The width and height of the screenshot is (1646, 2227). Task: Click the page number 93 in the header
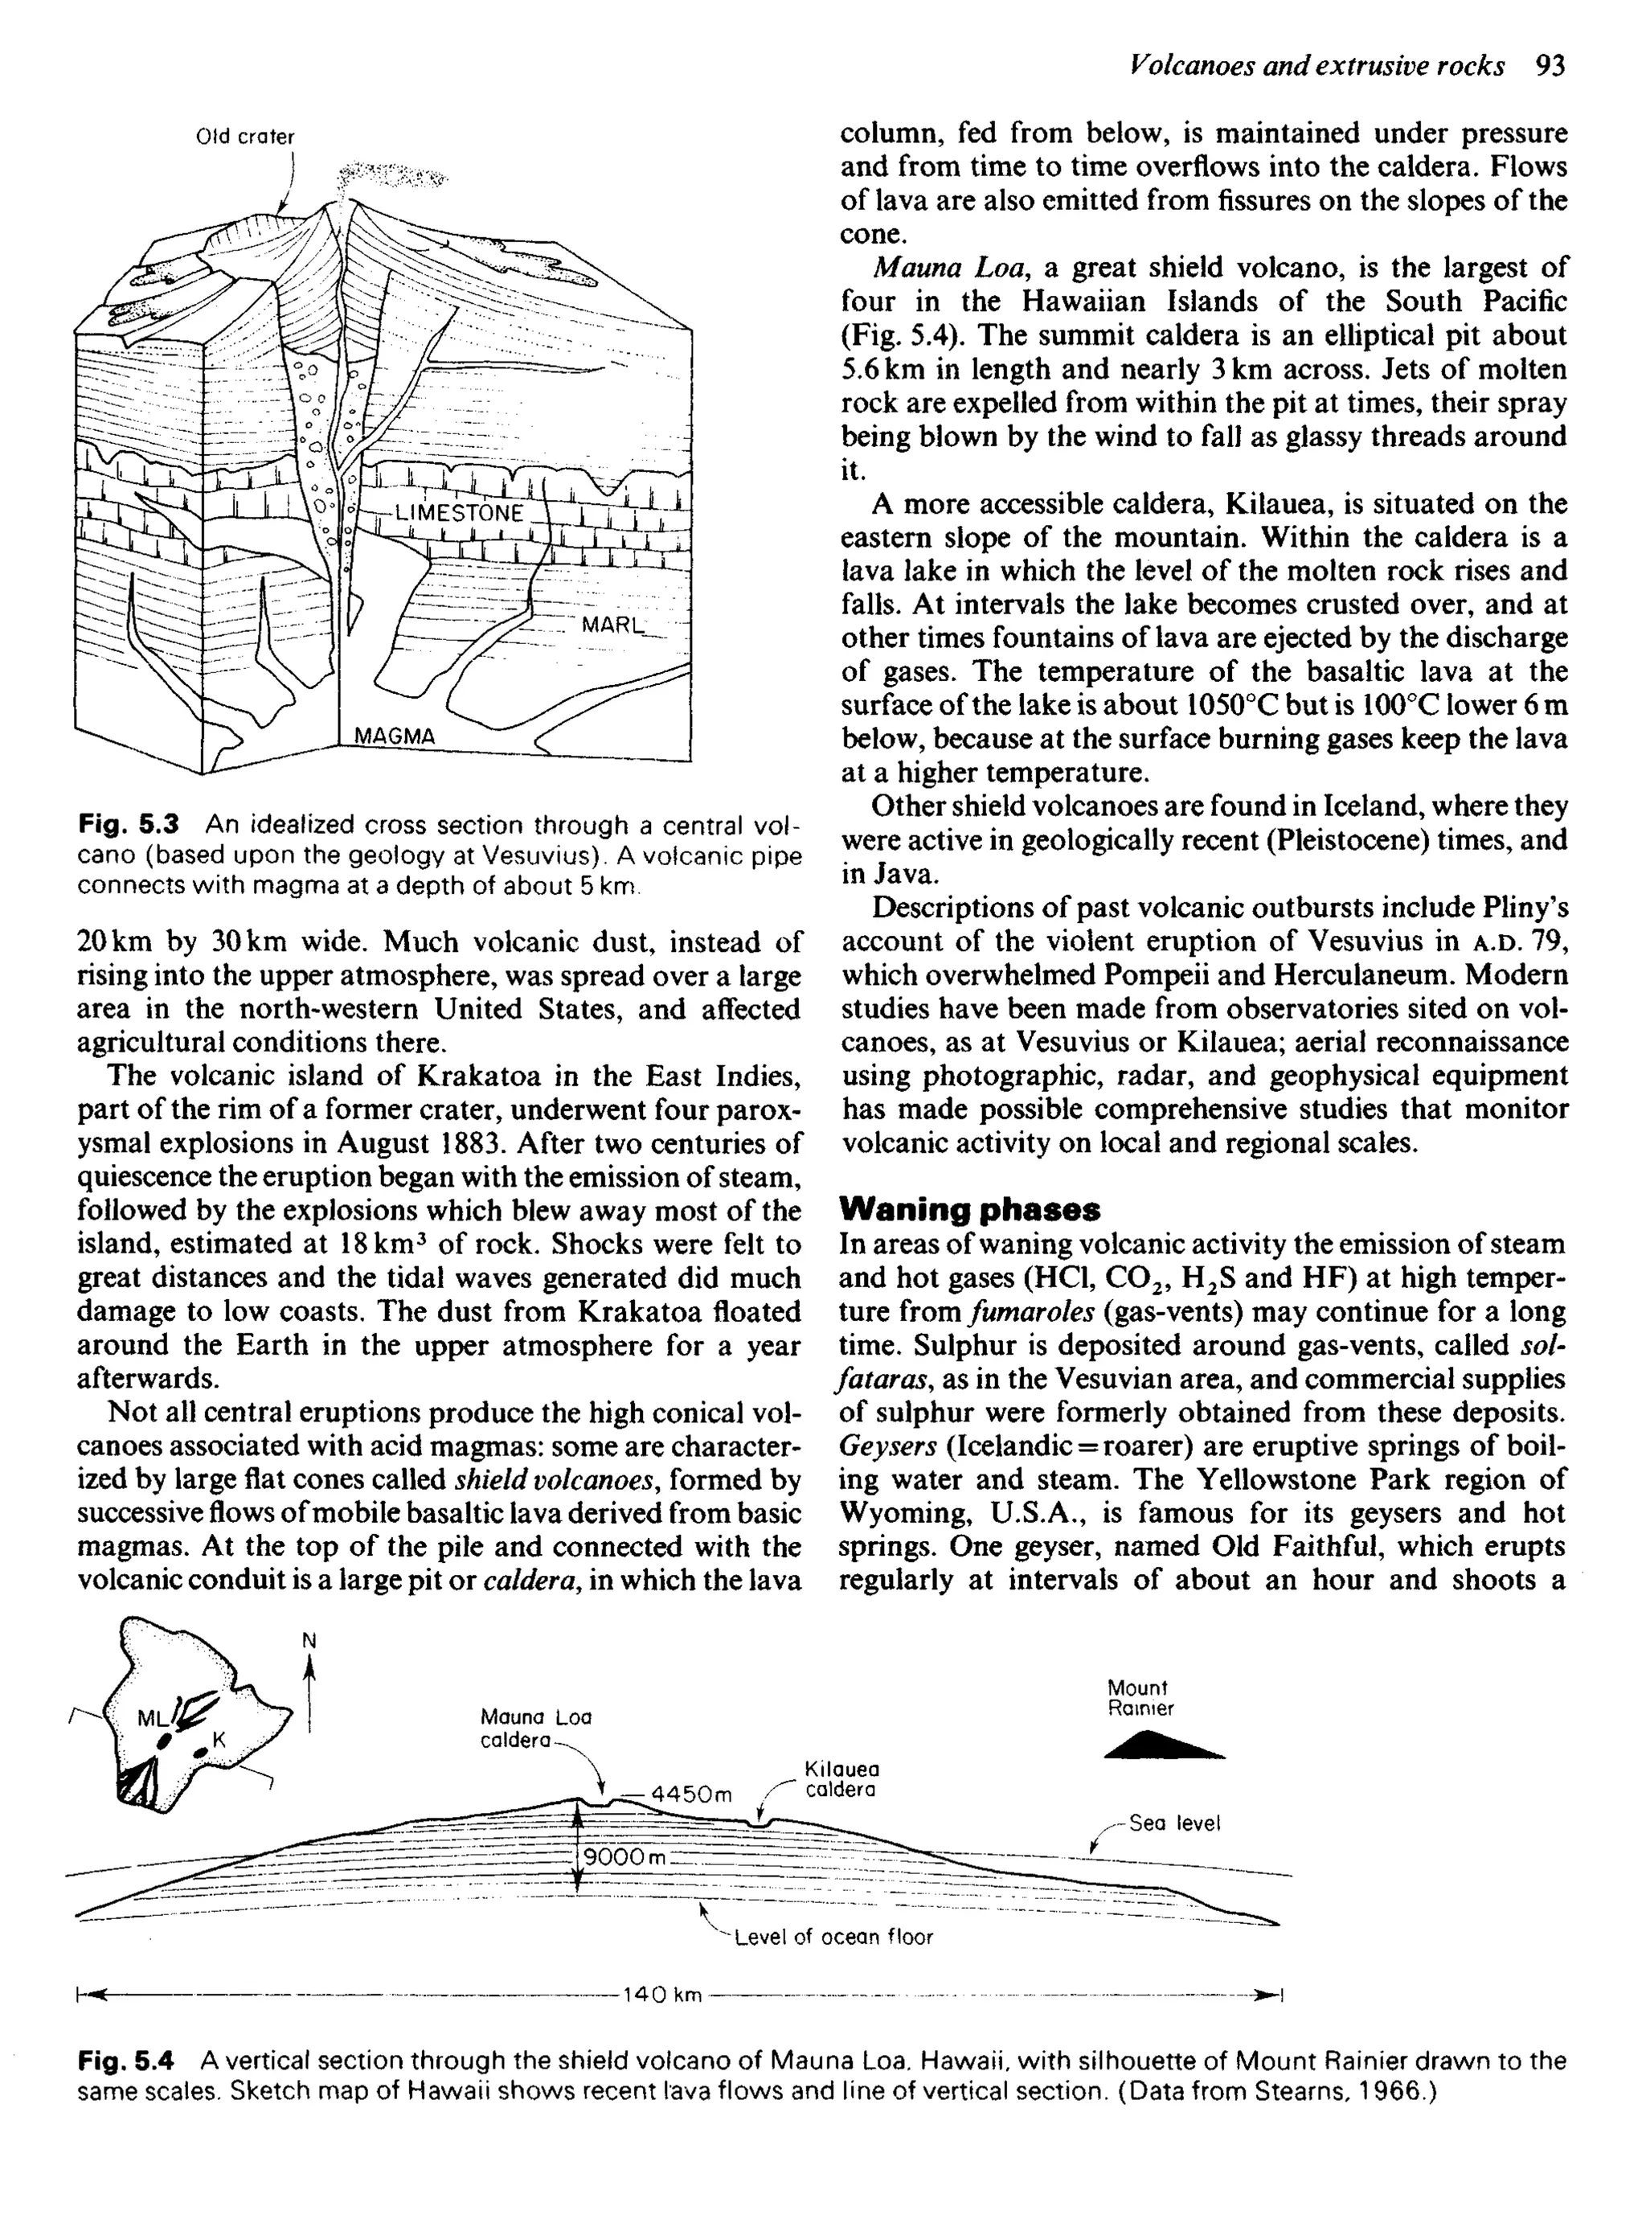click(x=1551, y=66)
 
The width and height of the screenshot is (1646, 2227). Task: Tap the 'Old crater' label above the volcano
click(x=245, y=137)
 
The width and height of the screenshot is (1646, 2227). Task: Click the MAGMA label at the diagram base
click(x=395, y=736)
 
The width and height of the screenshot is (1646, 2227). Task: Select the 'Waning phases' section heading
click(x=970, y=1210)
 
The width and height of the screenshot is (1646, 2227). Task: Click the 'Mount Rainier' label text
click(x=1140, y=1698)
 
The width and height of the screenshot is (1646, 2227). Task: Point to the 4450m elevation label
click(x=690, y=1794)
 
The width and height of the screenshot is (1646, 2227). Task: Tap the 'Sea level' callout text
click(x=1173, y=1823)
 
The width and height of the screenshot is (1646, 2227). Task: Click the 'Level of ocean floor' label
click(x=833, y=1937)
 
